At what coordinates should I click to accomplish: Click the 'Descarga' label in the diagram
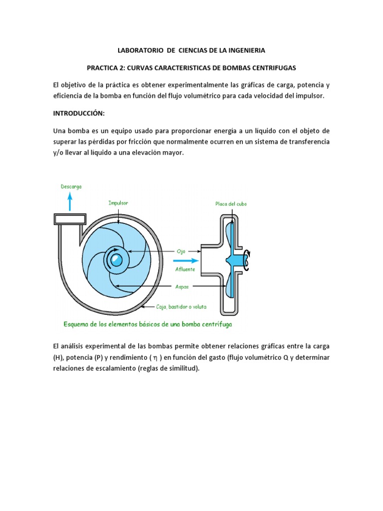pos(71,187)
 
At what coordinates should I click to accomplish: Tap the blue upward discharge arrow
pos(70,202)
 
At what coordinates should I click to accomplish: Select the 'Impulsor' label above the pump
pos(118,203)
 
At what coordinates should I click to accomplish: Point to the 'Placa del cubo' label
pos(231,204)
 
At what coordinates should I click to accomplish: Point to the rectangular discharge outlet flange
pos(70,219)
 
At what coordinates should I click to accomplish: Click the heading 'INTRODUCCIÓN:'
pos(79,113)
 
